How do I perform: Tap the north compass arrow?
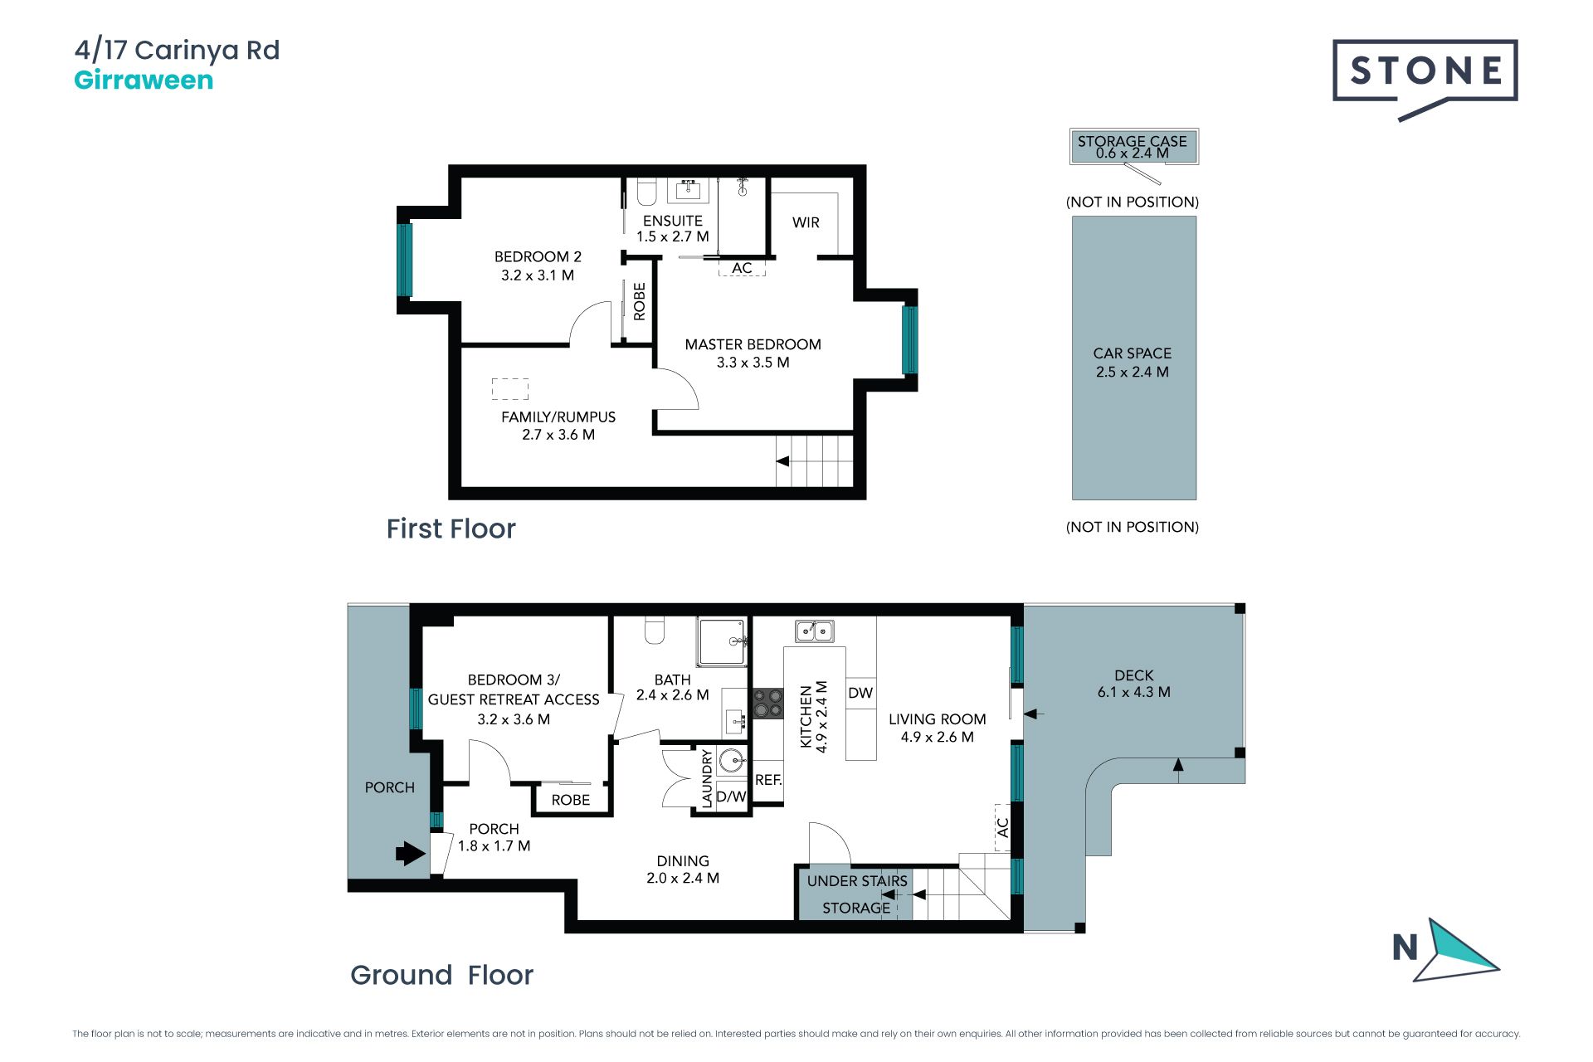[1457, 951]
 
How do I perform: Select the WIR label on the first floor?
[806, 222]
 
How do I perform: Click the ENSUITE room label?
[673, 221]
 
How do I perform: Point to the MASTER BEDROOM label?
[753, 344]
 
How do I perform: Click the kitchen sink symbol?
[815, 631]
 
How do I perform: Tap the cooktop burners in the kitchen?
[767, 704]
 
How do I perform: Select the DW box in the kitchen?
[860, 693]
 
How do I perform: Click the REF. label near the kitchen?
[768, 780]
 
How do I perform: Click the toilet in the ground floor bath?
[655, 631]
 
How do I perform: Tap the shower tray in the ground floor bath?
[723, 641]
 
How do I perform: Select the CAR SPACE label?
[1133, 353]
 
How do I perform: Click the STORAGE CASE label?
[1132, 141]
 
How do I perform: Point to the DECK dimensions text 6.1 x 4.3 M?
[1133, 692]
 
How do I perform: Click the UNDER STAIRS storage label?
[857, 881]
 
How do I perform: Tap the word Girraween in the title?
[144, 80]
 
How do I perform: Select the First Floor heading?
[451, 529]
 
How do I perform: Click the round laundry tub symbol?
[732, 760]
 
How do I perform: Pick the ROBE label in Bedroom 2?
[639, 301]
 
